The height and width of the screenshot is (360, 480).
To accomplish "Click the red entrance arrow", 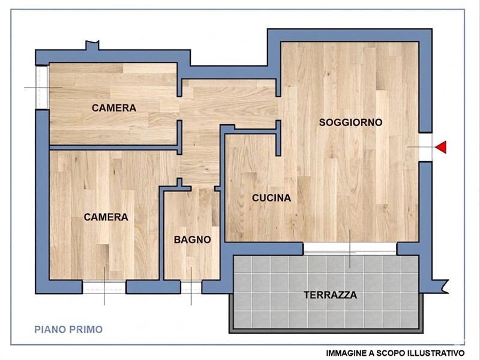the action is (x=442, y=147).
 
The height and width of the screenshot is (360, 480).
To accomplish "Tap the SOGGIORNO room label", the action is (x=350, y=122).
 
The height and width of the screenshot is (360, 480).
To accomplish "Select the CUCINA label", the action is (x=272, y=198).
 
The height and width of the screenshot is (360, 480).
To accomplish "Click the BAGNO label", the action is (x=192, y=239).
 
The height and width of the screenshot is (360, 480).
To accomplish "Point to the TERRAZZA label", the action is (x=331, y=295).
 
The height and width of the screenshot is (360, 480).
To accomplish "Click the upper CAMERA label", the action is (x=114, y=108).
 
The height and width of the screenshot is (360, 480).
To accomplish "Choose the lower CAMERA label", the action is (x=106, y=217).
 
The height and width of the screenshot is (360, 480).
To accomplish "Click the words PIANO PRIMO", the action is (x=68, y=329).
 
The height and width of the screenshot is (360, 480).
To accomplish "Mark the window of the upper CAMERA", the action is (x=42, y=87).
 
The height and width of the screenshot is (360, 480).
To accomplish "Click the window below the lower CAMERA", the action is (x=104, y=287).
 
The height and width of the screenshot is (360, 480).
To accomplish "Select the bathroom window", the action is (x=191, y=287).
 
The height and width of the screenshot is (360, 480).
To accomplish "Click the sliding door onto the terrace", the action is (x=350, y=249).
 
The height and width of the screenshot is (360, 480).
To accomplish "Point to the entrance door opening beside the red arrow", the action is (x=425, y=147).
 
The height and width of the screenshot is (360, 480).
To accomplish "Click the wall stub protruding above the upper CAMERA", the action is (x=92, y=46).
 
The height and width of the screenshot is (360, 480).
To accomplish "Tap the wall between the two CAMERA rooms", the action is (x=114, y=148).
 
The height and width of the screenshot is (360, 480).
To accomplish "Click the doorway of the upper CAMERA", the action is (x=179, y=109).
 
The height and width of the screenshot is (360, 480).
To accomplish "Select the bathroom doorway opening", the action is (x=202, y=188).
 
